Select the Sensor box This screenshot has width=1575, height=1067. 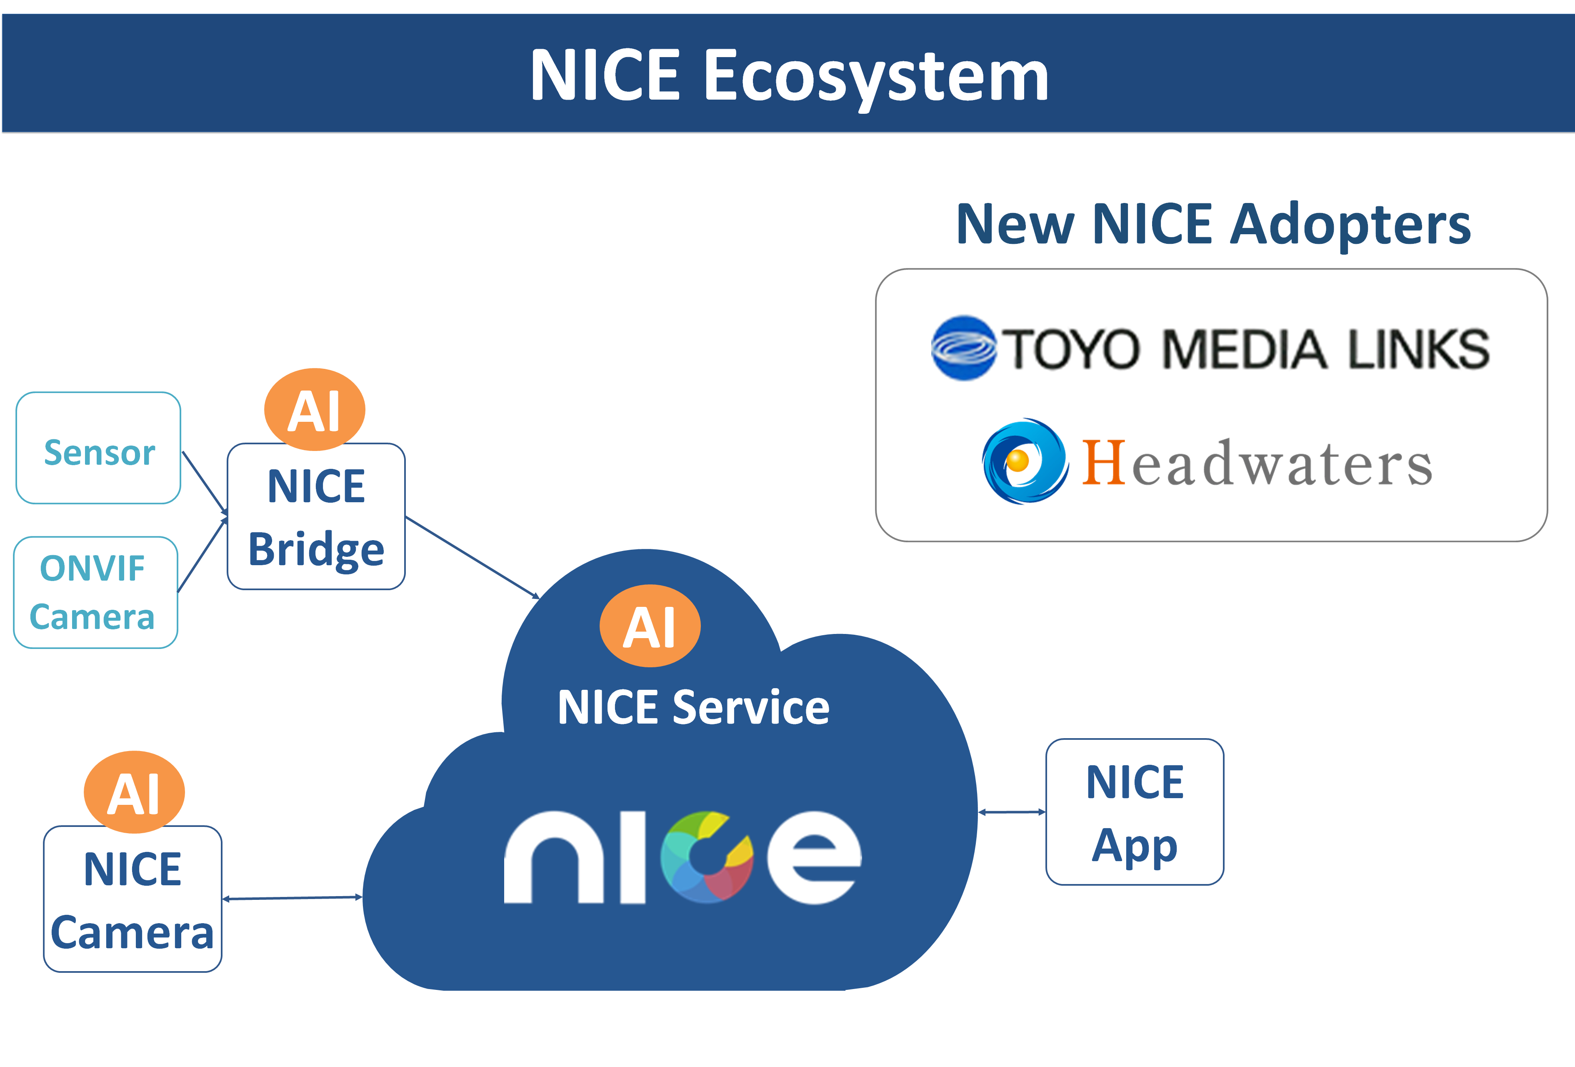tap(98, 448)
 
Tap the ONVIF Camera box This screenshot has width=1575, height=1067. tap(95, 592)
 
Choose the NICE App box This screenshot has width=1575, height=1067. tap(1135, 812)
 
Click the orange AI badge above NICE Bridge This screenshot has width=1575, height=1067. tap(315, 409)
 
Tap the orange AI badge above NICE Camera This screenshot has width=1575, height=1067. tap(134, 792)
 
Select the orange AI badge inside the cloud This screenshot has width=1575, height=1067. tap(650, 626)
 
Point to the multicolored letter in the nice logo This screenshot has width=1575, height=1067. tap(707, 857)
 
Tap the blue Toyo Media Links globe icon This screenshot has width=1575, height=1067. tap(963, 348)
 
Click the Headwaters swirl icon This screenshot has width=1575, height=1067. tap(1025, 461)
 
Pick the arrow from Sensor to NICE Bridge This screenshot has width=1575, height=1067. tap(204, 481)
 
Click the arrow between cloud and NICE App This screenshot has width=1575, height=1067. tap(1012, 812)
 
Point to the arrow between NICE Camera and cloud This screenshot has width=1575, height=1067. tap(292, 898)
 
